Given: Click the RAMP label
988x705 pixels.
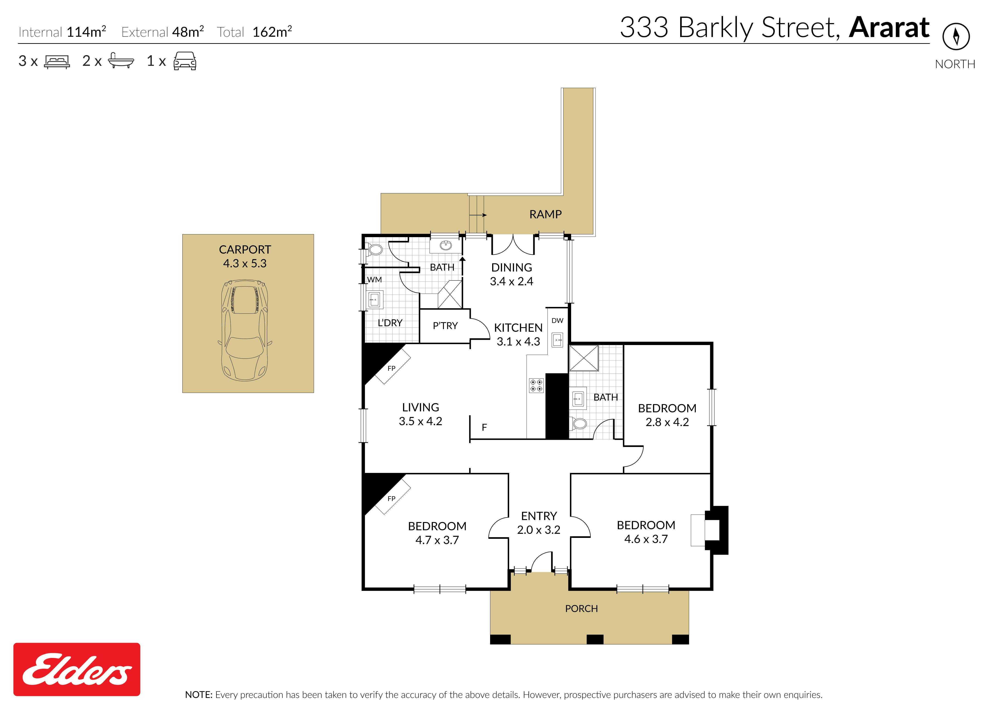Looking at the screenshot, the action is click(545, 214).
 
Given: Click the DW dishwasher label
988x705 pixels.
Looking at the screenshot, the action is click(557, 320).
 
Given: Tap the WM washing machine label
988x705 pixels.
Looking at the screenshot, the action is click(375, 280).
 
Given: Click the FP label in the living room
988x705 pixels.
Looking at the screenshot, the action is click(392, 368).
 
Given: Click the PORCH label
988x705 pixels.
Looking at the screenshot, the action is click(581, 609).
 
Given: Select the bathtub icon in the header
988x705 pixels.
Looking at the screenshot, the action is click(121, 61).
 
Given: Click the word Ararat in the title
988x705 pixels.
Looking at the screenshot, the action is click(889, 28).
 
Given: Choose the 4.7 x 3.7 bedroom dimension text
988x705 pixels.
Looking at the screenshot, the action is click(437, 540).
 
